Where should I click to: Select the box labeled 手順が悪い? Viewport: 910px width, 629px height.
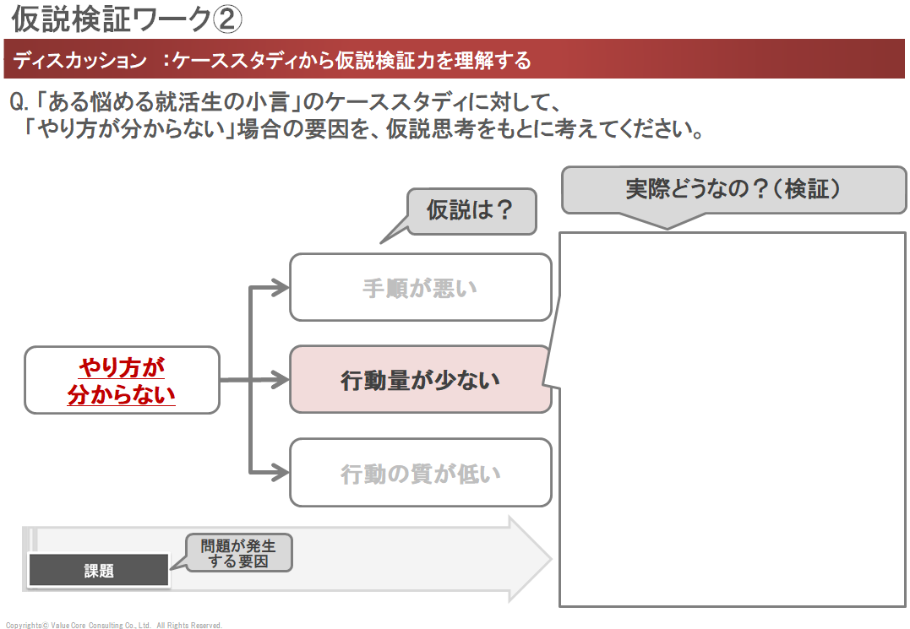(x=420, y=288)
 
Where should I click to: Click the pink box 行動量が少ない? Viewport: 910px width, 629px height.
(x=420, y=380)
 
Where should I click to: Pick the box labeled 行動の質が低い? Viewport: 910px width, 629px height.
(x=420, y=474)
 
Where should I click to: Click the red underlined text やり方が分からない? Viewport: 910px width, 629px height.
(x=122, y=381)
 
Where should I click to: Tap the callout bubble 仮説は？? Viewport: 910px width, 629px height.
(x=471, y=210)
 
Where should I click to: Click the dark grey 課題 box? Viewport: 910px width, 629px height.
(x=99, y=572)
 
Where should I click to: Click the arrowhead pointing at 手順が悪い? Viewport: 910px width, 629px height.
(x=281, y=289)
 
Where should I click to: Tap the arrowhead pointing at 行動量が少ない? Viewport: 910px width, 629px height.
(x=281, y=380)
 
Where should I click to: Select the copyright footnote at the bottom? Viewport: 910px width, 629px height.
(x=113, y=626)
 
